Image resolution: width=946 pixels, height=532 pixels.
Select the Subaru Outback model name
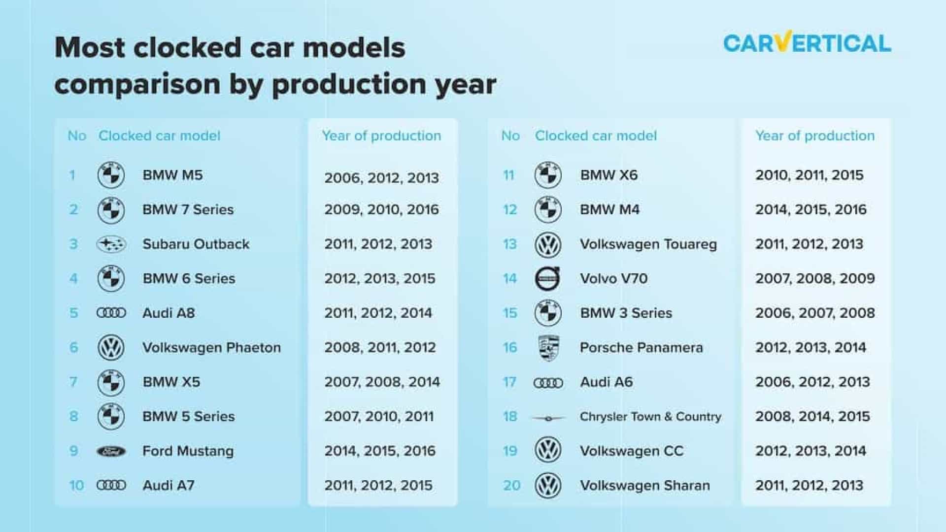tap(196, 244)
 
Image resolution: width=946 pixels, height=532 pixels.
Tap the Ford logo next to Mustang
tap(111, 451)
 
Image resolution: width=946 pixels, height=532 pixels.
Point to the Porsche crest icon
tap(548, 348)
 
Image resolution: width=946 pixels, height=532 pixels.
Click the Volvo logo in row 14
tap(548, 278)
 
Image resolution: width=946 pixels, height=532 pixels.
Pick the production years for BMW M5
tap(381, 178)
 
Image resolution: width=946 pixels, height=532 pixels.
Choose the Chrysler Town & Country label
tap(650, 417)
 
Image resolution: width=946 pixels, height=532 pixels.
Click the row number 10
tap(76, 486)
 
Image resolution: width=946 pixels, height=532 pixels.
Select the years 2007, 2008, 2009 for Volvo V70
tap(815, 279)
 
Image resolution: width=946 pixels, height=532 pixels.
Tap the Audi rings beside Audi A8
tap(111, 313)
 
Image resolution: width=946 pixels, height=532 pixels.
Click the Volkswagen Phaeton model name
tap(211, 348)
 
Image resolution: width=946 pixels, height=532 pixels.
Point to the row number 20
tap(511, 486)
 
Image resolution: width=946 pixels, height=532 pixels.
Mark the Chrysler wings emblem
tap(548, 418)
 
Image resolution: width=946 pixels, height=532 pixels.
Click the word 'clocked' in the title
tap(187, 48)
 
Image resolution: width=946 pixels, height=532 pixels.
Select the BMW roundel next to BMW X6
tap(548, 175)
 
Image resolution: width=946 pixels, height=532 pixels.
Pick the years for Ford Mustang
tap(380, 451)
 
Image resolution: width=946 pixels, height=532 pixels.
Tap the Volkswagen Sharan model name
tap(645, 486)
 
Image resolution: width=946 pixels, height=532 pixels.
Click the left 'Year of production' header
tap(381, 136)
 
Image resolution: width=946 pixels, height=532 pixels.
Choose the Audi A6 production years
tap(812, 382)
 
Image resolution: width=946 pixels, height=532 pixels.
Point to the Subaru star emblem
tap(111, 244)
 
